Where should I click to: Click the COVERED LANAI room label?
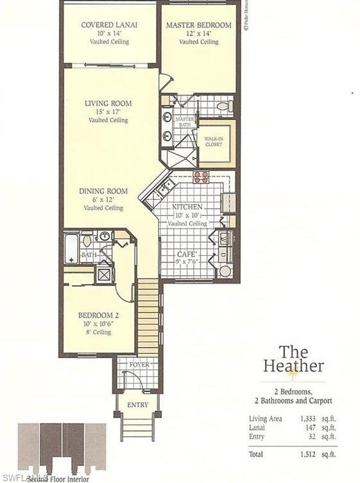point(110,25)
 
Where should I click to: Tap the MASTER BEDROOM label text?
point(198,25)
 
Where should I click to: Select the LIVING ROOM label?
point(108,103)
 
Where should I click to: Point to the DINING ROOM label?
point(103,191)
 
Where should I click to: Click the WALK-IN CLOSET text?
point(213,141)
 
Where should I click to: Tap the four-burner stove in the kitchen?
point(201,177)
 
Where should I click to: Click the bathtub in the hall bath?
point(71,250)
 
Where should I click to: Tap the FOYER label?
point(139,365)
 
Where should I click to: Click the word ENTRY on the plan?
point(137,405)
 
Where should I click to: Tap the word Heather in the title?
point(293,367)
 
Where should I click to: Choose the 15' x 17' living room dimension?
point(108,112)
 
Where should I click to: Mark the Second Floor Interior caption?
point(58,478)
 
